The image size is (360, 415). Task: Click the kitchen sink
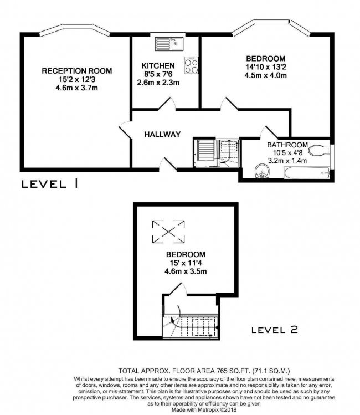click(169, 44)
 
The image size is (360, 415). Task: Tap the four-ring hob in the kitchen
click(191, 65)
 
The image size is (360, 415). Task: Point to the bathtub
click(307, 172)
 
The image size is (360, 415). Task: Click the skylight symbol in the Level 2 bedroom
click(168, 232)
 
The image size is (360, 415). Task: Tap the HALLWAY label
click(162, 134)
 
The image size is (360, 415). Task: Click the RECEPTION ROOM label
click(77, 71)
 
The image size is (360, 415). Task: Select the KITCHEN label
click(158, 65)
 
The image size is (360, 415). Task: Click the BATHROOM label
click(287, 145)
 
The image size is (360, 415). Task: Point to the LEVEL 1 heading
click(50, 184)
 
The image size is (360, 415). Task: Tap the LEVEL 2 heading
click(275, 330)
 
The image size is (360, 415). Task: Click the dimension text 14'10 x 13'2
click(266, 67)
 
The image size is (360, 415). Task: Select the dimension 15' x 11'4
click(186, 263)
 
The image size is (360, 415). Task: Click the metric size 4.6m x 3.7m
click(77, 88)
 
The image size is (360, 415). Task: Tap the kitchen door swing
click(167, 104)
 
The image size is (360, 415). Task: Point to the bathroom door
click(269, 132)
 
